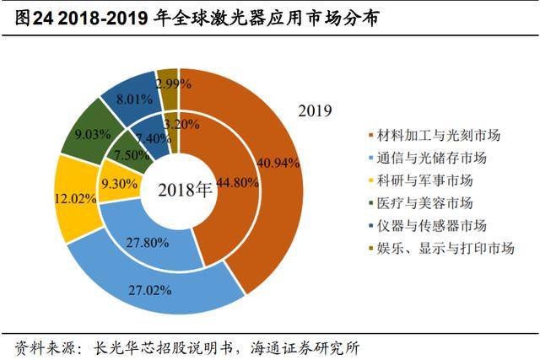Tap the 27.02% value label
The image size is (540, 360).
coord(149,291)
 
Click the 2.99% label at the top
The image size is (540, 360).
coord(172,83)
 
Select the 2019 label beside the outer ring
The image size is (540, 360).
coord(315,110)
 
